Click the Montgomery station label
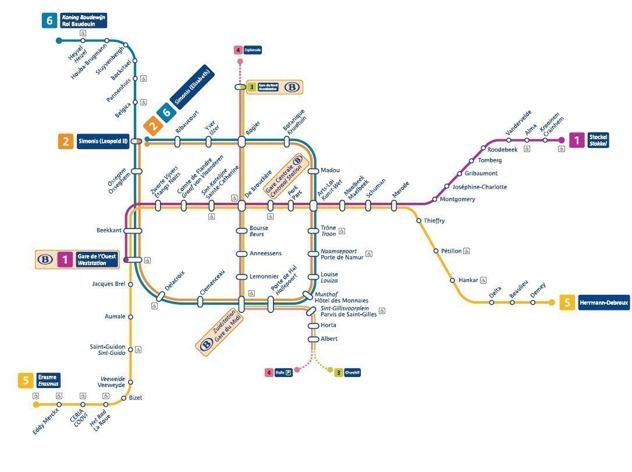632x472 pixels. pyautogui.click(x=457, y=199)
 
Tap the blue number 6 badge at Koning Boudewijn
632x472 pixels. pyautogui.click(x=49, y=20)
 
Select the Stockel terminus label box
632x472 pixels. pyautogui.click(x=598, y=140)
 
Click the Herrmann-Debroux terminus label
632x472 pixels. pyautogui.click(x=603, y=302)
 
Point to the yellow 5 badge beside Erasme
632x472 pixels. pyautogui.click(x=25, y=381)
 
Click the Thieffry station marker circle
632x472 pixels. pyautogui.click(x=418, y=220)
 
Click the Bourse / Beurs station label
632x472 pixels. pyautogui.click(x=258, y=231)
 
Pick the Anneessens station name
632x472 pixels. pyautogui.click(x=265, y=253)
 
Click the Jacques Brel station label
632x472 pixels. pyautogui.click(x=109, y=284)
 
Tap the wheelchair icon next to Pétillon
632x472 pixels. pyautogui.click(x=467, y=251)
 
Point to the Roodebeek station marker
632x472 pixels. pyautogui.click(x=483, y=148)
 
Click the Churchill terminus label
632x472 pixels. pyautogui.click(x=352, y=372)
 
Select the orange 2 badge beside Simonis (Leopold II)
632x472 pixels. pyautogui.click(x=65, y=141)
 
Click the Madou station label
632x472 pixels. pyautogui.click(x=330, y=170)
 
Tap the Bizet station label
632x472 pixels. pyautogui.click(x=135, y=398)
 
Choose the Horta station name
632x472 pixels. pyautogui.click(x=329, y=325)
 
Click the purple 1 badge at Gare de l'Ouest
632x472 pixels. pyautogui.click(x=65, y=259)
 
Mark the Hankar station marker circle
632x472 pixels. pyautogui.click(x=452, y=280)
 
